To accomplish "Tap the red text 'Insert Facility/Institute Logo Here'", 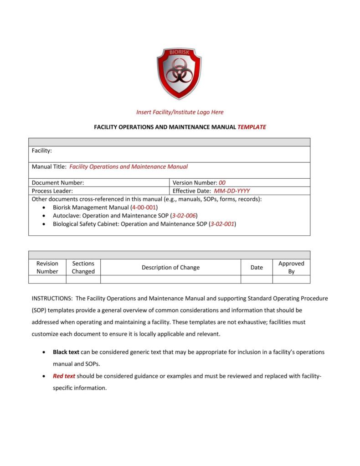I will pyautogui.click(x=180, y=112).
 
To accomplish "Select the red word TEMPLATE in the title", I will pyautogui.click(x=252, y=127).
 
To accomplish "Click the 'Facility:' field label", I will pyautogui.click(x=41, y=150).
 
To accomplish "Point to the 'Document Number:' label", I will pyautogui.click(x=57, y=182).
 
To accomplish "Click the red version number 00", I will pyautogui.click(x=222, y=182).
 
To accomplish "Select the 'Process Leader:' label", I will pyautogui.click(x=52, y=191).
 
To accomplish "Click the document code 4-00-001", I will pyautogui.click(x=144, y=207).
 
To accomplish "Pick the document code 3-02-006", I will pyautogui.click(x=184, y=216).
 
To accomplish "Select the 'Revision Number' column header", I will pyautogui.click(x=47, y=267).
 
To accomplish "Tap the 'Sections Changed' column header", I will pyautogui.click(x=83, y=267).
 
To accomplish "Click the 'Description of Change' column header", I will pyautogui.click(x=170, y=267).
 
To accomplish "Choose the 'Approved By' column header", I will pyautogui.click(x=291, y=267).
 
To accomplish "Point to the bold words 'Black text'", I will pyautogui.click(x=66, y=352).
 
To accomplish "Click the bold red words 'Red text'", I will pyautogui.click(x=64, y=376).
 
